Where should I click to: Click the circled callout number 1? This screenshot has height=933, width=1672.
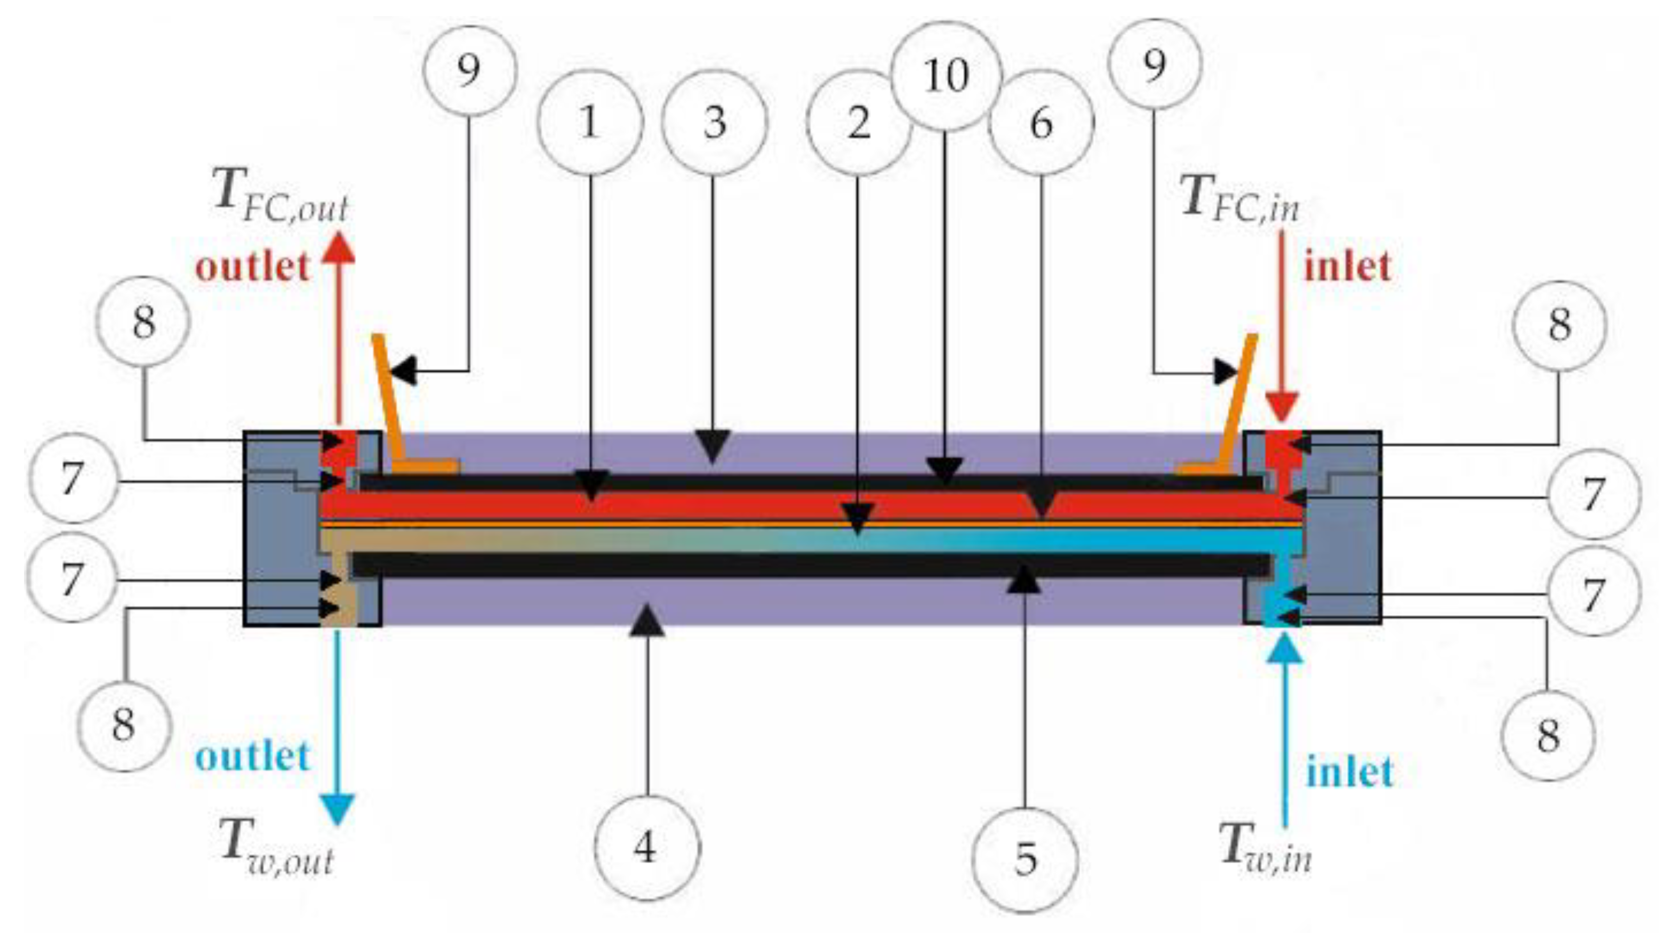coord(589,122)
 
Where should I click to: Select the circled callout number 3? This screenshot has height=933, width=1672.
coord(714,122)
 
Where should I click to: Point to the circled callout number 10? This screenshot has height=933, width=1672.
coord(946,75)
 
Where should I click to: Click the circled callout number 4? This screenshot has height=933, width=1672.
coord(646,847)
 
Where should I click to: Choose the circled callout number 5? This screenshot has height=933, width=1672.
coord(1026,859)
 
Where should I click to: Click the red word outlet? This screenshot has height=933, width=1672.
coord(252,267)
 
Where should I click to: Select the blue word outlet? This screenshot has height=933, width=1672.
coord(252,757)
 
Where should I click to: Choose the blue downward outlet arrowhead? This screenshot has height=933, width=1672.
coord(338,810)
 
